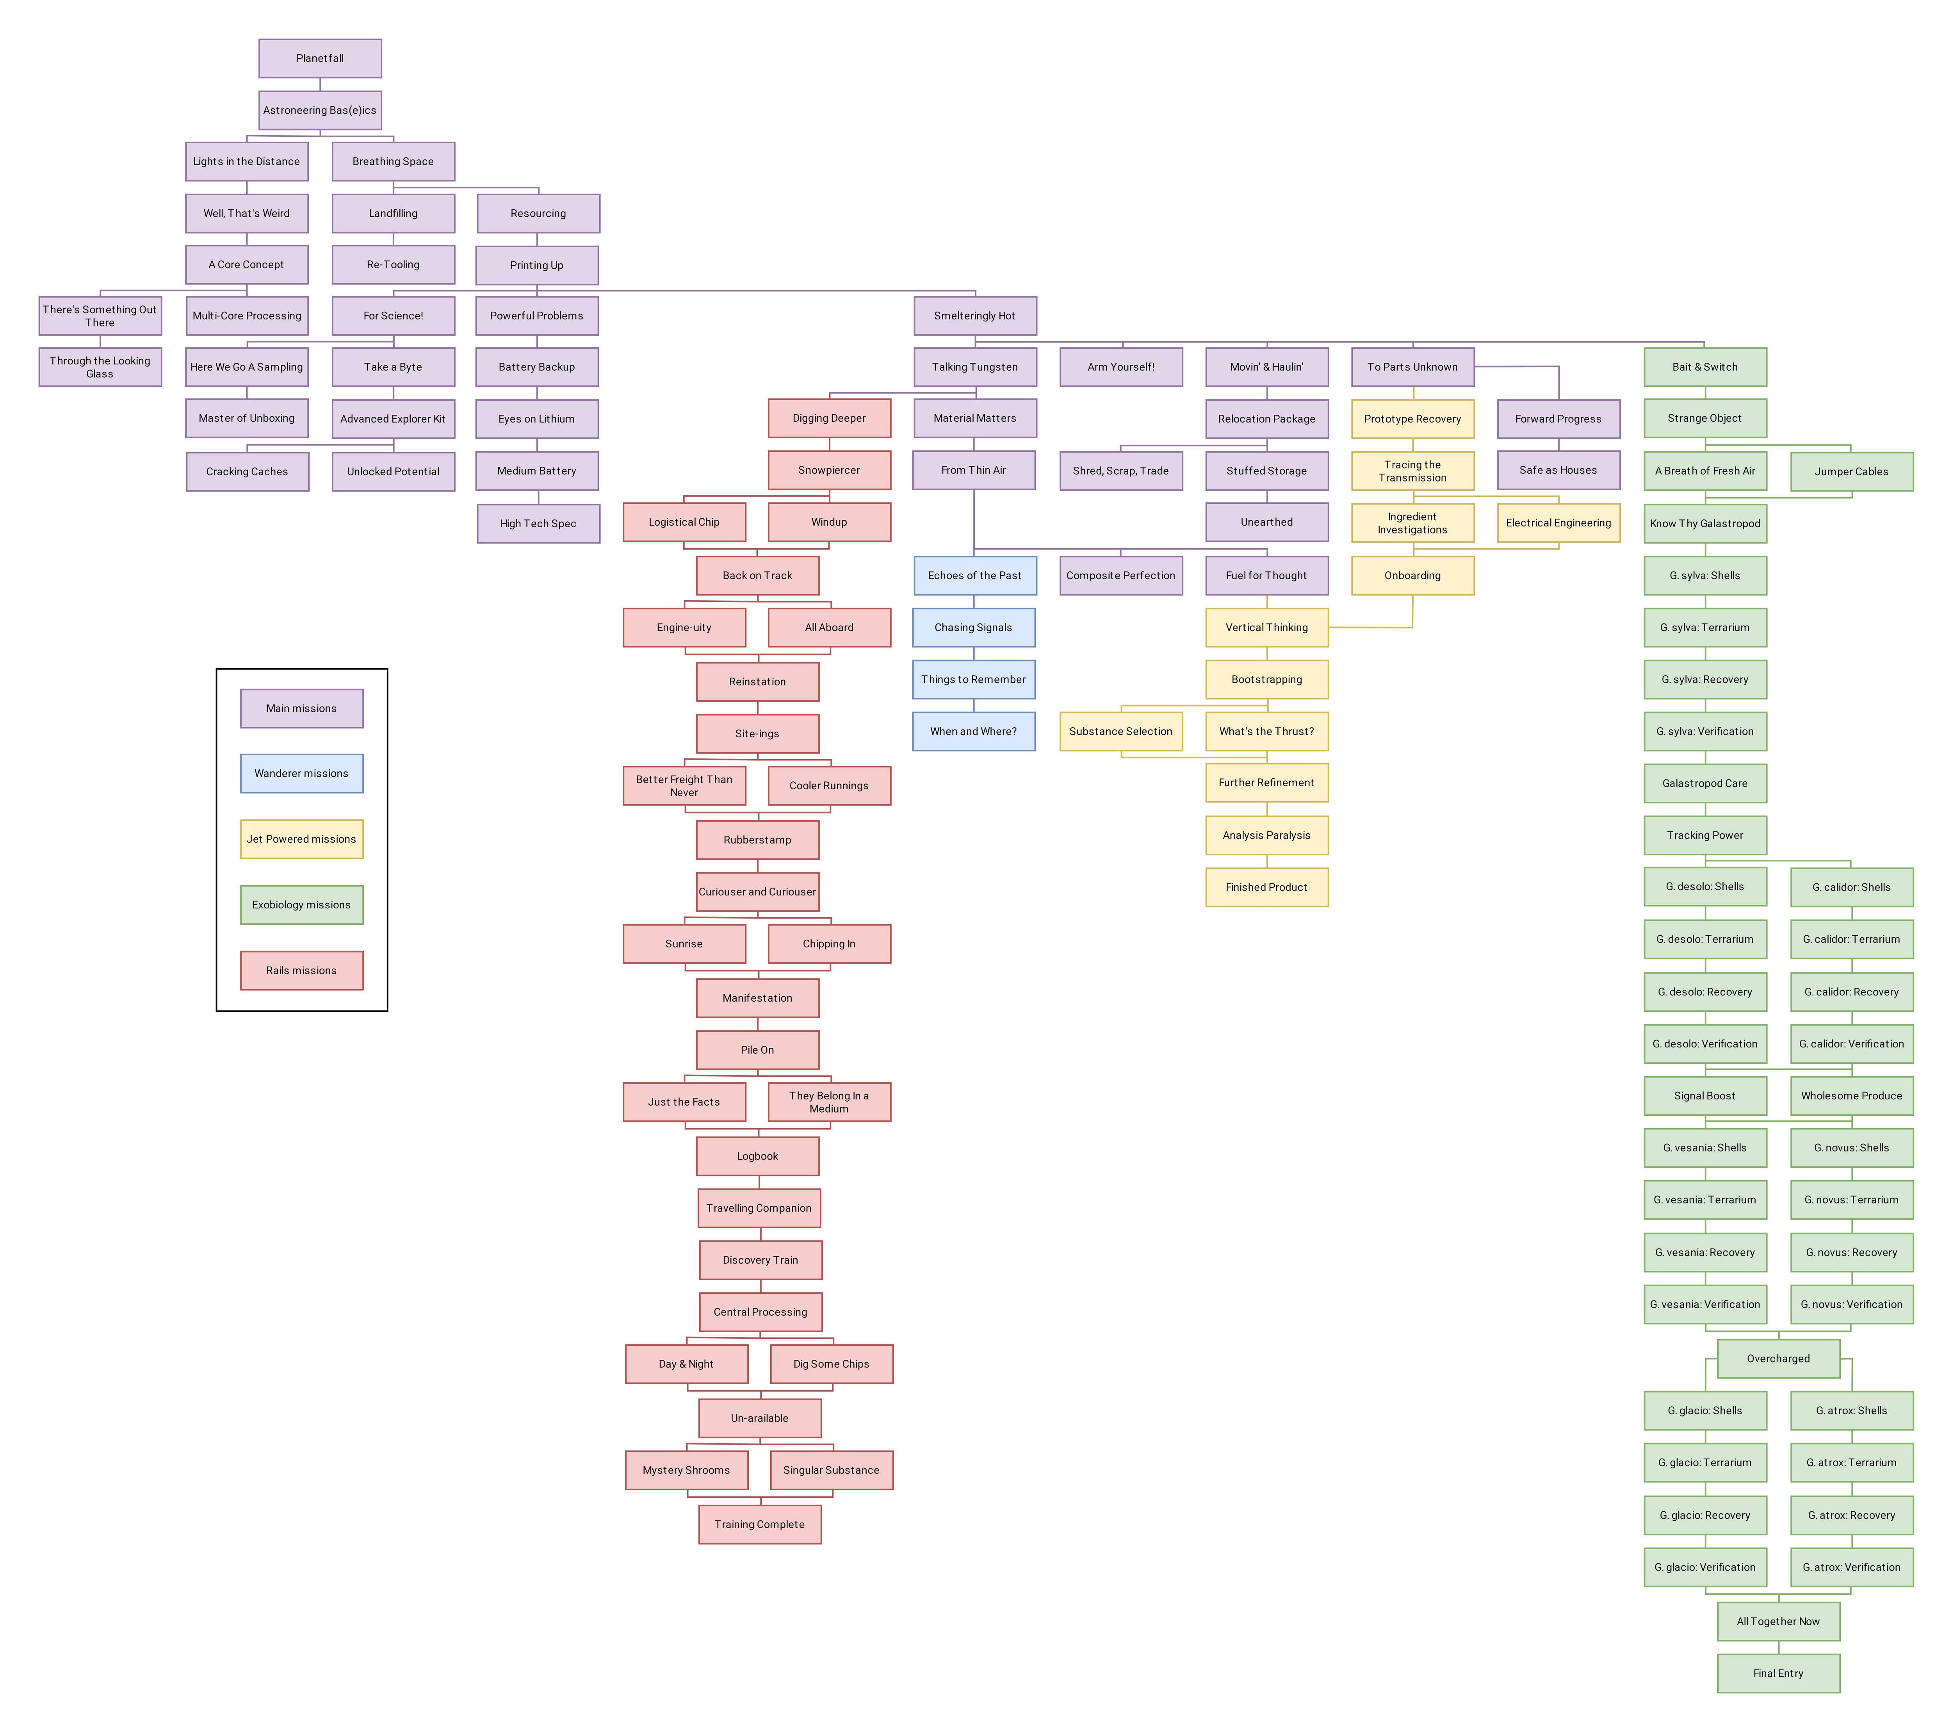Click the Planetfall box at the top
[x=320, y=58]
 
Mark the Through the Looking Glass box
[x=100, y=367]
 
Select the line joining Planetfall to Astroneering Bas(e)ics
[x=320, y=84]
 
